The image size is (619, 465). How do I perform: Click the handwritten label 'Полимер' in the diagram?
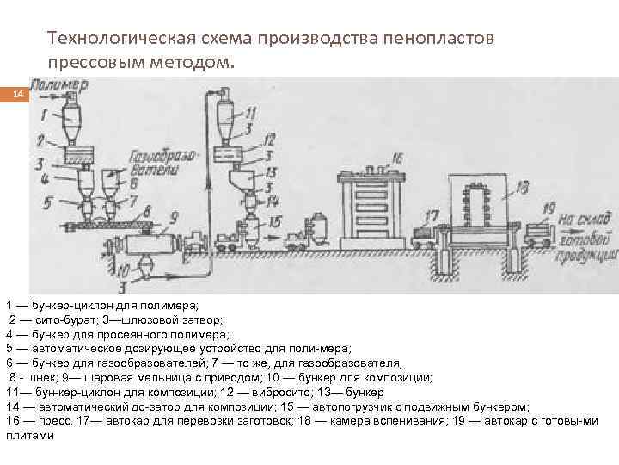click(58, 85)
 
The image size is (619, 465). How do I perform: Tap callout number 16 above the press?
click(397, 158)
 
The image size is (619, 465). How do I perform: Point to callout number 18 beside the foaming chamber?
click(522, 187)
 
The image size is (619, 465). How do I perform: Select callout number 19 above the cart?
click(549, 208)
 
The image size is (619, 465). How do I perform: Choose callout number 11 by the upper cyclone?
click(251, 113)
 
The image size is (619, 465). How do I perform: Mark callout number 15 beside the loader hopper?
click(274, 221)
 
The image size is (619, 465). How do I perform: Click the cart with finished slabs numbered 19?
click(541, 232)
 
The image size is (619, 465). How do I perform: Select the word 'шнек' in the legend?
click(31, 377)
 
